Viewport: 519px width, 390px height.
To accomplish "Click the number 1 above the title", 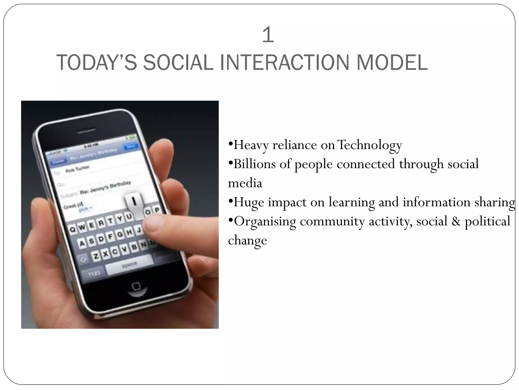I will [x=268, y=35].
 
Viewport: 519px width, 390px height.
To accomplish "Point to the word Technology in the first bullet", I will [x=370, y=145].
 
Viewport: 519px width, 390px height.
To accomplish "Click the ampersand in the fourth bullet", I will [x=456, y=221].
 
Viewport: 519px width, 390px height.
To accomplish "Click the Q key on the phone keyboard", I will [x=73, y=229].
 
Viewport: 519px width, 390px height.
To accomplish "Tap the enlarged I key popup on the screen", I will [x=135, y=202].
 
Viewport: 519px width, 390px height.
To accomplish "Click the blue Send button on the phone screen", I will [x=131, y=147].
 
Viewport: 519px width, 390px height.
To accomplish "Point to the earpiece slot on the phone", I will [x=84, y=132].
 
